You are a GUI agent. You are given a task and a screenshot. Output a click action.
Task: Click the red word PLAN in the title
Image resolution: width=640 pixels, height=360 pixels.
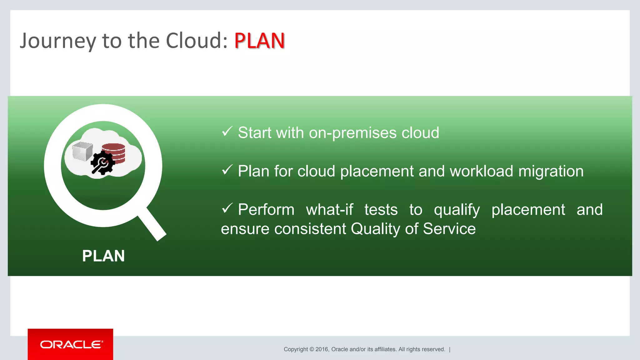(259, 41)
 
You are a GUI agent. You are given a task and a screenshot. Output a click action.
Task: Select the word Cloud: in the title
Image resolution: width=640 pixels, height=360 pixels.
(197, 41)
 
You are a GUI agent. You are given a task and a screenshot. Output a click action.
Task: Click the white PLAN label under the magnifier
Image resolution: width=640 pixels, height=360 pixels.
(103, 256)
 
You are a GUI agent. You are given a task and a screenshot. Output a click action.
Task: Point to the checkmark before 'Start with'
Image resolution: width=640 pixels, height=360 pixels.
(227, 131)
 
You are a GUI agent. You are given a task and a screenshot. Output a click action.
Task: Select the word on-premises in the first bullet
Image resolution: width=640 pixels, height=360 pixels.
(352, 133)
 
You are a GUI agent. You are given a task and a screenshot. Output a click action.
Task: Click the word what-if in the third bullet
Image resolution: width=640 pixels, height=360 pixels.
(329, 209)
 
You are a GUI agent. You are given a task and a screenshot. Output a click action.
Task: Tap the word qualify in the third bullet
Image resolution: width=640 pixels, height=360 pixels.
(457, 210)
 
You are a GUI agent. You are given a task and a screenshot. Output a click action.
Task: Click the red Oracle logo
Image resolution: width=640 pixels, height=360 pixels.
(71, 344)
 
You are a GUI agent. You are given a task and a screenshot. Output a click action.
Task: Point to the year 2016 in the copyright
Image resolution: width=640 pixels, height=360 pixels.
(322, 349)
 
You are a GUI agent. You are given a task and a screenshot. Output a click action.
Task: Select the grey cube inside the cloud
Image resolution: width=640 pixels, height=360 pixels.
(82, 151)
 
